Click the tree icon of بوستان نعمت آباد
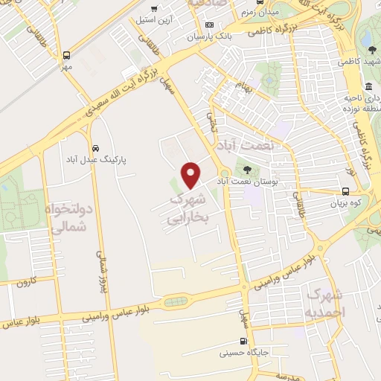coord(247,169)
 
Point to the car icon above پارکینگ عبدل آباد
coord(95,147)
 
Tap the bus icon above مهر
coord(67,55)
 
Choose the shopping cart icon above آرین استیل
coord(154,9)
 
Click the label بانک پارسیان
coord(205,36)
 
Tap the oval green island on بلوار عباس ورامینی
coord(176,301)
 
